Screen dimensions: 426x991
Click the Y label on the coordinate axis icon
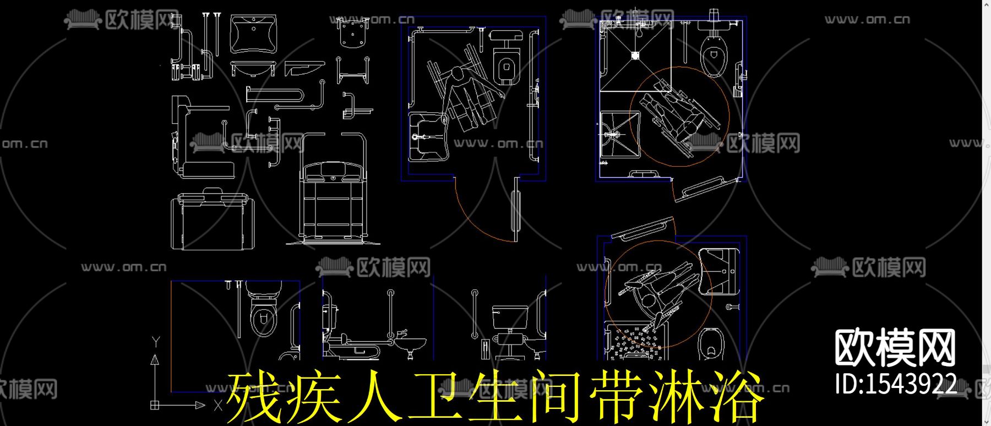[x=156, y=341]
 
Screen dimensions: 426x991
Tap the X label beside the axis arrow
[x=218, y=406]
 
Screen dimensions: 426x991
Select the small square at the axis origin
[x=155, y=405]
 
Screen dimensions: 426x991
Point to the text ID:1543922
[x=895, y=384]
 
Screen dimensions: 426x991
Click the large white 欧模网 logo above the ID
[x=895, y=348]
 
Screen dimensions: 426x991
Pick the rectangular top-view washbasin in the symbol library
[x=253, y=35]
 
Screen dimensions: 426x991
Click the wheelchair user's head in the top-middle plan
[x=456, y=75]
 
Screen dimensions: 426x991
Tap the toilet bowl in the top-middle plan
[x=506, y=67]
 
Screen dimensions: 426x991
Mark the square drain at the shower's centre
[x=635, y=55]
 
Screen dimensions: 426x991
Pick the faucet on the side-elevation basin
[x=401, y=334]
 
